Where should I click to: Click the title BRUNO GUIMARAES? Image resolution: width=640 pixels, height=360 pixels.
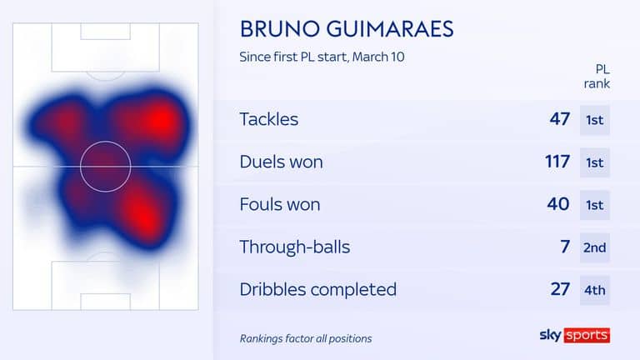[347, 29]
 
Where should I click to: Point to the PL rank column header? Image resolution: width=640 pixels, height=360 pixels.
[597, 77]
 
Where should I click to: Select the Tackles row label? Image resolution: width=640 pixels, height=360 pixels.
[269, 119]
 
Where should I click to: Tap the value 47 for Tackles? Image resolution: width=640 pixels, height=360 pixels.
[560, 119]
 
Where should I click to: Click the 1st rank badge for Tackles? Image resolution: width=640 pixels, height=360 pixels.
[595, 120]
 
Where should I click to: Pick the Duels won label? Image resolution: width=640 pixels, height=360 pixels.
[281, 162]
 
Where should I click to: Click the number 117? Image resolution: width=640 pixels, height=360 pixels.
[557, 162]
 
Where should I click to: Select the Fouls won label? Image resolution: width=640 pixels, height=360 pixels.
[280, 204]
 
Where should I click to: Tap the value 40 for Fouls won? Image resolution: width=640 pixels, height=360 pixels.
[558, 204]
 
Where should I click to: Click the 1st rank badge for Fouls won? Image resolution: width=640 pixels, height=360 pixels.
[595, 205]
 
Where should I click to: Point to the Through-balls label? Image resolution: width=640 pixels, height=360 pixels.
[295, 247]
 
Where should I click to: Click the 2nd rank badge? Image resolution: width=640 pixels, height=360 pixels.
[595, 247]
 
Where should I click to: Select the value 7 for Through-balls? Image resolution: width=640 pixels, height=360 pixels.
[565, 247]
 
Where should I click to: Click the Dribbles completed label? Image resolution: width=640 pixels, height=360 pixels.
[318, 289]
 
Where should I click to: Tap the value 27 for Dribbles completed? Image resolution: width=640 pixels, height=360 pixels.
[560, 289]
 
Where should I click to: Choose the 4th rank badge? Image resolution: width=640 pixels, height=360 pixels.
[595, 290]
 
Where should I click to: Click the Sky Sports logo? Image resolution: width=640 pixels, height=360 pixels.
[575, 335]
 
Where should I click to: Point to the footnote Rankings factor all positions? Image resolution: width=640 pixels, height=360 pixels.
[306, 339]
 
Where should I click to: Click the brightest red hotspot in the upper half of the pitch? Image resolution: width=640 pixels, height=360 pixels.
[162, 120]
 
